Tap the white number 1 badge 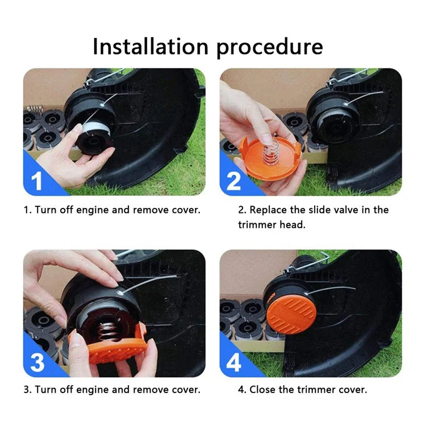pyautogui.click(x=37, y=181)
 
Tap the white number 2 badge pyautogui.click(x=233, y=181)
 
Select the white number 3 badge pyautogui.click(x=37, y=362)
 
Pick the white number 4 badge pyautogui.click(x=233, y=362)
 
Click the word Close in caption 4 pyautogui.click(x=262, y=390)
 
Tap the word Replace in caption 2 pyautogui.click(x=269, y=210)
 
